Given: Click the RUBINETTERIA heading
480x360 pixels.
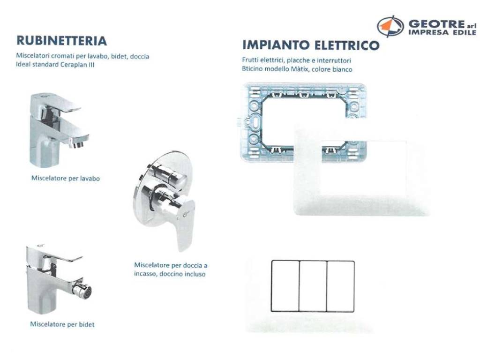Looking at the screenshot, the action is (x=61, y=41).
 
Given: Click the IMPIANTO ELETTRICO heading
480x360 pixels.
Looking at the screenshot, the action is (x=311, y=45).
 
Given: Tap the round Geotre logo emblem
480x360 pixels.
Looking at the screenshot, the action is (x=390, y=26).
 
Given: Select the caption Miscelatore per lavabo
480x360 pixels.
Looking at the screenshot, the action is (x=66, y=178).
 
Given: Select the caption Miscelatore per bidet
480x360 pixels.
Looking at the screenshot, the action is (x=62, y=324).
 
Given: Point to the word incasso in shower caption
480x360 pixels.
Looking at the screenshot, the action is (x=145, y=274).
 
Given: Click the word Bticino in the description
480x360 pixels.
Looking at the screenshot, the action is (x=252, y=68).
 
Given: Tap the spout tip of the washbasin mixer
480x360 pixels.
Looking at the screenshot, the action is (x=78, y=143).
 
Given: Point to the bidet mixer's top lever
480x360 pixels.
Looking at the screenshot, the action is (x=63, y=255).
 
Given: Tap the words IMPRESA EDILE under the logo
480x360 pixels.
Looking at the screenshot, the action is (x=442, y=32).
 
